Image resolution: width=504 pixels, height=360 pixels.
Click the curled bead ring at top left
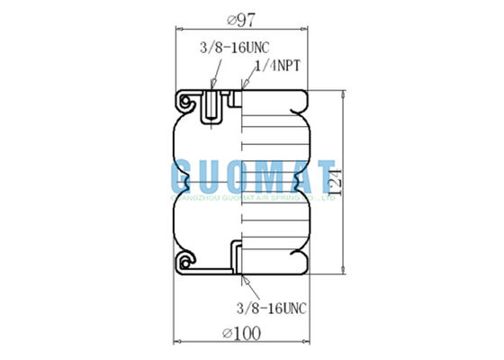click(187, 102)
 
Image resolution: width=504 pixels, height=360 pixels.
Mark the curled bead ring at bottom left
click(187, 261)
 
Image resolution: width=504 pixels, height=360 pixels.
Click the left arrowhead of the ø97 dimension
click(175, 30)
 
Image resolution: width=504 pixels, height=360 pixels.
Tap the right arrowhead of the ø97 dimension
click(307, 30)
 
